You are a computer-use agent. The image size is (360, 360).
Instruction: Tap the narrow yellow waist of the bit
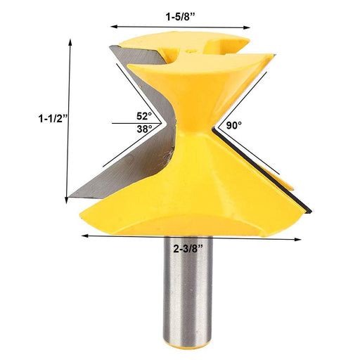tap(190, 127)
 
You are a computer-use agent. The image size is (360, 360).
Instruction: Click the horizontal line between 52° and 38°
tap(134, 122)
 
